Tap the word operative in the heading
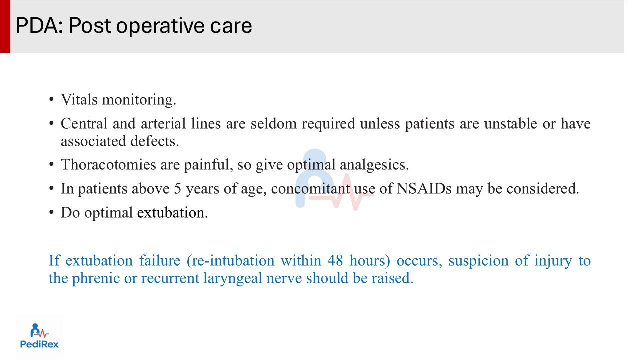pos(160,27)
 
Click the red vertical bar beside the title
pos(5,26)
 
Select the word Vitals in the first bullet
pos(79,99)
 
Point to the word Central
pos(84,123)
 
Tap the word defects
pos(154,141)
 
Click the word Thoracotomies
pos(108,165)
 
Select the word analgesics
pos(374,165)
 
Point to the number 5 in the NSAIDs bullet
pos(177,189)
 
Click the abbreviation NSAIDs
pos(424,189)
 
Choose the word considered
pos(533,189)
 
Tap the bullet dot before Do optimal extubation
pos(51,212)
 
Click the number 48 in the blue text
pos(335,261)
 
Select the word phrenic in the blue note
pos(95,278)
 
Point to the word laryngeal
pos(232,278)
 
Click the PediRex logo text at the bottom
pos(39,344)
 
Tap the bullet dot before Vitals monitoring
pos(51,99)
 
